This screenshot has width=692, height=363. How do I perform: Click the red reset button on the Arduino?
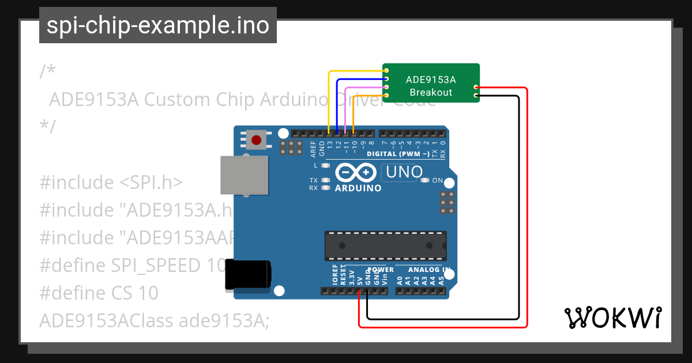256,139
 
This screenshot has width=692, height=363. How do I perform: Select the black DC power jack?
247,274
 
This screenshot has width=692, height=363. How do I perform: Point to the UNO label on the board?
404,172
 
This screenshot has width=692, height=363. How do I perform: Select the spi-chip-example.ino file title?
157,25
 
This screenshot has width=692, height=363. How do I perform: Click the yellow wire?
329,98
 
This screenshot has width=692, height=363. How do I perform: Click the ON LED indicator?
425,180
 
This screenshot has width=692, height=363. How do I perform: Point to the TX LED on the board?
326,180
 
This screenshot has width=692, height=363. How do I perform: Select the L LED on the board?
326,165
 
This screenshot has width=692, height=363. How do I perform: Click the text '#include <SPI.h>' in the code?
111,183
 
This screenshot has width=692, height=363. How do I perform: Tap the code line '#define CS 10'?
99,293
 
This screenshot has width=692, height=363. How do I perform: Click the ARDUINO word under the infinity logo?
358,188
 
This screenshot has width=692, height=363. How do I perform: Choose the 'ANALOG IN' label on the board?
429,270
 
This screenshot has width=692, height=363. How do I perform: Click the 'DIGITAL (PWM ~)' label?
398,154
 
